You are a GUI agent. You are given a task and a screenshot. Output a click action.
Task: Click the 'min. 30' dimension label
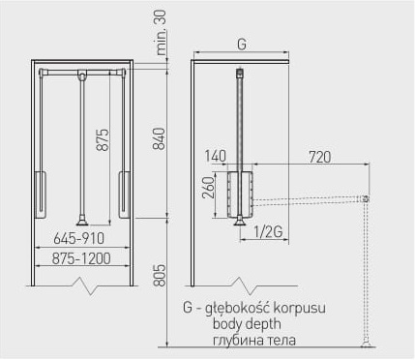(162, 32)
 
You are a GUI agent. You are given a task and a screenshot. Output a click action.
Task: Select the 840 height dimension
(160, 138)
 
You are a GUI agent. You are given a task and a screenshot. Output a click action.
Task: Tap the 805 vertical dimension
(160, 276)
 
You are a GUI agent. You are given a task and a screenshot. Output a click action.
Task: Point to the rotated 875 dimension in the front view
(104, 140)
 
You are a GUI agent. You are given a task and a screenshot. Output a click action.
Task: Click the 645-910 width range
(79, 239)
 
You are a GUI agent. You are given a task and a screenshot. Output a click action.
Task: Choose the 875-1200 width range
(81, 258)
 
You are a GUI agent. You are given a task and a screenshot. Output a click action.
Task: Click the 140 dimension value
(216, 157)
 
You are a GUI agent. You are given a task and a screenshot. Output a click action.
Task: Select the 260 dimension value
(208, 188)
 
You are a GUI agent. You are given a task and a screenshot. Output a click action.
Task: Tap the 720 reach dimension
(320, 157)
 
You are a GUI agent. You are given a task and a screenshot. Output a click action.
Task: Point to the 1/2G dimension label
(268, 232)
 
